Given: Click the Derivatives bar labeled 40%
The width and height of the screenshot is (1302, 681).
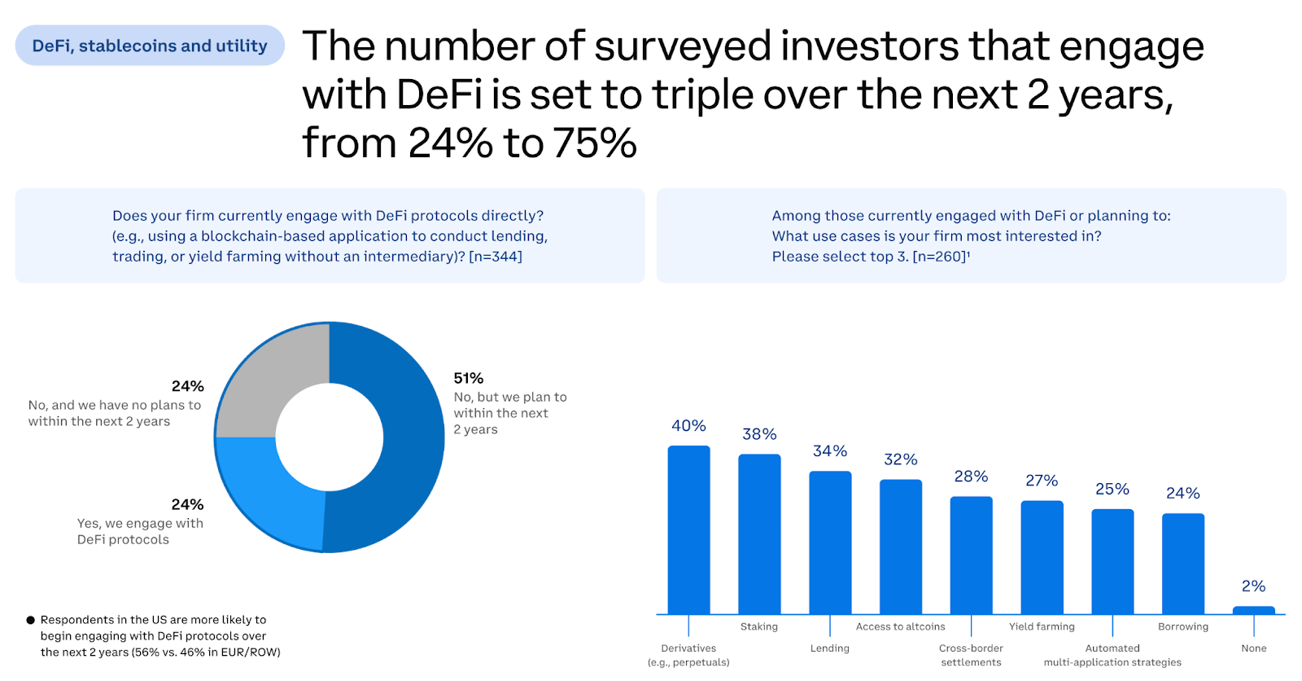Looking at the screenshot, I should tap(688, 529).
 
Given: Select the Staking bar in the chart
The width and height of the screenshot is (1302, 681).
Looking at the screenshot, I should tap(759, 534).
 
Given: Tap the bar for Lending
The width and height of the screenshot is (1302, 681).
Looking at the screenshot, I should tap(830, 542).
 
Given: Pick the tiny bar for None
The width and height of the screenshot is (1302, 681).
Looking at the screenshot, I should tap(1253, 610).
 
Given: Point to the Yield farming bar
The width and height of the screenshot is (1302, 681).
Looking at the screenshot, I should tap(1042, 557).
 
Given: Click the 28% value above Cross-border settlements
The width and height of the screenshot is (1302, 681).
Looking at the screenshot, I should tap(971, 477).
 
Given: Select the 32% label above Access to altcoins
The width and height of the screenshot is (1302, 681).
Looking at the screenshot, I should tap(901, 459).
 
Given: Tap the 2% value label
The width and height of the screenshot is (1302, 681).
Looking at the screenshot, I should tap(1253, 587).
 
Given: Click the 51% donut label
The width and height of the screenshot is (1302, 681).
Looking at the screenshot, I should tap(469, 378).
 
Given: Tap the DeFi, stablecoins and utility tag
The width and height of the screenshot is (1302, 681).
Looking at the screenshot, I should tap(150, 46).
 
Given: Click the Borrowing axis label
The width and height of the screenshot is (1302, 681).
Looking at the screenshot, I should tap(1183, 626).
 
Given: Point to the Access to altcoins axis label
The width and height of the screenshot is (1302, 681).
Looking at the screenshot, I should tap(901, 626).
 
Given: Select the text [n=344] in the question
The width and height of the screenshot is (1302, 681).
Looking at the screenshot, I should tap(496, 257).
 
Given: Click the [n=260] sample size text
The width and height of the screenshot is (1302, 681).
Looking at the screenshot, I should tap(940, 257).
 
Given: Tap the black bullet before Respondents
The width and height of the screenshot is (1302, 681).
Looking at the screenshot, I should tap(31, 620).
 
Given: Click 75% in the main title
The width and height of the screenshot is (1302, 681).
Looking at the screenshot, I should tap(595, 143).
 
